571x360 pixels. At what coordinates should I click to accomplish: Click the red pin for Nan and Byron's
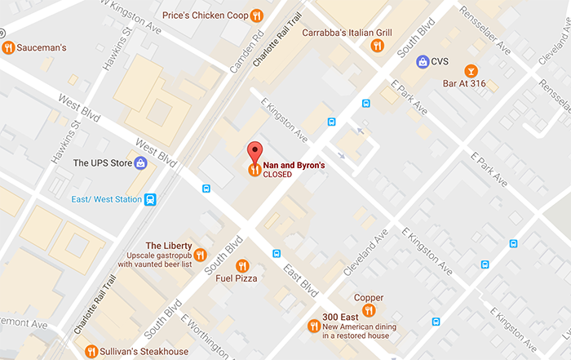(x=255, y=152)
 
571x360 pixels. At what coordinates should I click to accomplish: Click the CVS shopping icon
(x=423, y=61)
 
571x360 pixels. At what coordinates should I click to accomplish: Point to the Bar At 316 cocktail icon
(x=471, y=71)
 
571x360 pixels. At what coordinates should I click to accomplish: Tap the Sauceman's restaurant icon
(x=9, y=47)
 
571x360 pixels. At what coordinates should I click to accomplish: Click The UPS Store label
(x=102, y=163)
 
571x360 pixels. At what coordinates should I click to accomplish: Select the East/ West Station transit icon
(x=150, y=199)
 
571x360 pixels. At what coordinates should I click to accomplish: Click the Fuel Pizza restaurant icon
(x=241, y=266)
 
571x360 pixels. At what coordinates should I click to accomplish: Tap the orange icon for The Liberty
(x=201, y=255)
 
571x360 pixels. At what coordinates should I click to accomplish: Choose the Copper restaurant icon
(x=369, y=310)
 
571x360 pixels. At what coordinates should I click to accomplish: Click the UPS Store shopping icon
(x=140, y=163)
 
